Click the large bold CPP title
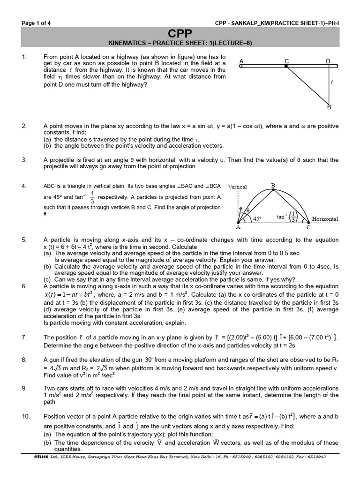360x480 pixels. click(180, 33)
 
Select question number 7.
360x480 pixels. click(24, 337)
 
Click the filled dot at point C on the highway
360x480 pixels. click(286, 67)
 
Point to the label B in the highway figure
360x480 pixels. click(329, 108)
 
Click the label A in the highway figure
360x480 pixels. click(241, 61)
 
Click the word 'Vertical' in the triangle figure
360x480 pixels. click(237, 187)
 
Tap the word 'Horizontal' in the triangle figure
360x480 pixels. click(325, 219)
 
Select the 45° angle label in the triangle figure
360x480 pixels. click(257, 218)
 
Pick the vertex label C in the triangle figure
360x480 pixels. click(308, 227)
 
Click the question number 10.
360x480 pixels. click(26, 416)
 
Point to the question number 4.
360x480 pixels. click(24, 187)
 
